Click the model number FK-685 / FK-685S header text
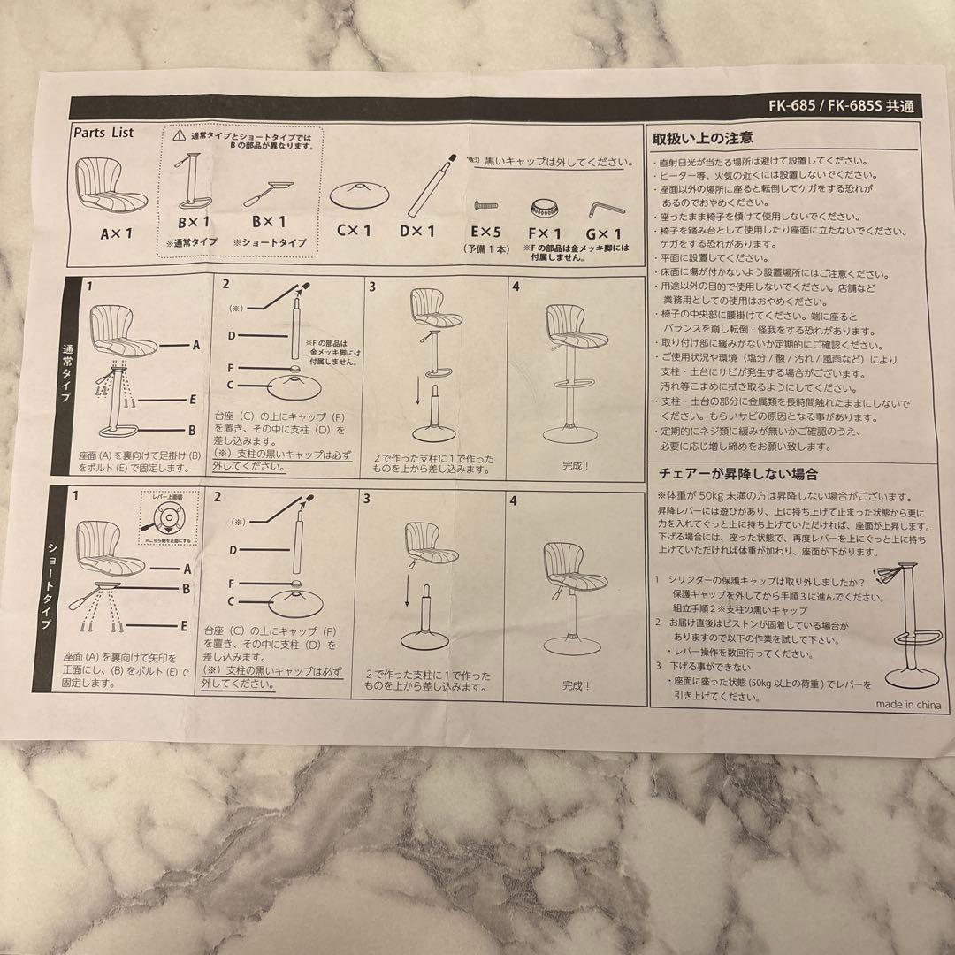[x=841, y=105]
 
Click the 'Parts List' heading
[x=103, y=133]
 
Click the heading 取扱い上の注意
[x=702, y=138]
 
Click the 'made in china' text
[x=908, y=704]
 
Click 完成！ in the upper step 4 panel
[x=576, y=464]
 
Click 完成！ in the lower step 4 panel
[x=577, y=684]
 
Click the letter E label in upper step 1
[x=193, y=399]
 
